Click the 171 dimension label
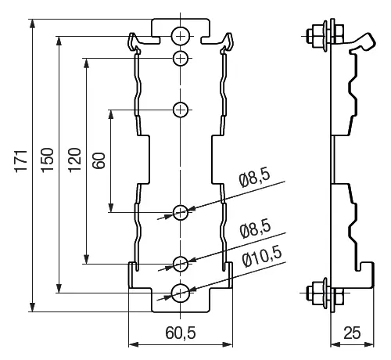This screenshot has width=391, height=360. [21, 161]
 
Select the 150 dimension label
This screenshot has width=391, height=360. [48, 160]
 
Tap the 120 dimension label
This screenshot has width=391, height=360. [75, 160]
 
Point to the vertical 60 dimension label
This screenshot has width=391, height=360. [99, 160]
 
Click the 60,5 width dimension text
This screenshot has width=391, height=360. [181, 333]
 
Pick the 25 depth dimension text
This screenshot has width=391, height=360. [352, 333]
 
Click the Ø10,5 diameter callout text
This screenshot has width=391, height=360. [262, 257]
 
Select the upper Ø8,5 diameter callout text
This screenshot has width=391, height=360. [255, 179]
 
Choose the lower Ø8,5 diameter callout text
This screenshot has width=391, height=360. [255, 229]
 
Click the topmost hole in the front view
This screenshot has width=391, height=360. [181, 36]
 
